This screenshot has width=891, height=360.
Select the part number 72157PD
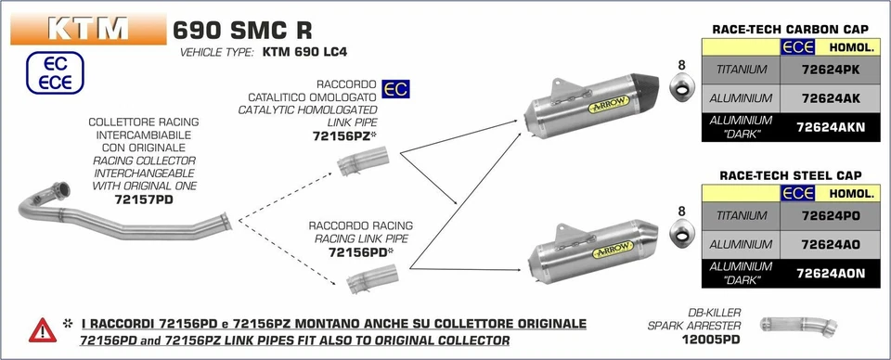click(143, 199)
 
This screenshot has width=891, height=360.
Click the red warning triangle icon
click(42, 328)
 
